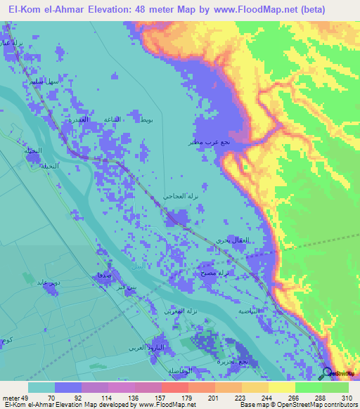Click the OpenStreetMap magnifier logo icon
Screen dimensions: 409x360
pyautogui.click(x=327, y=372)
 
